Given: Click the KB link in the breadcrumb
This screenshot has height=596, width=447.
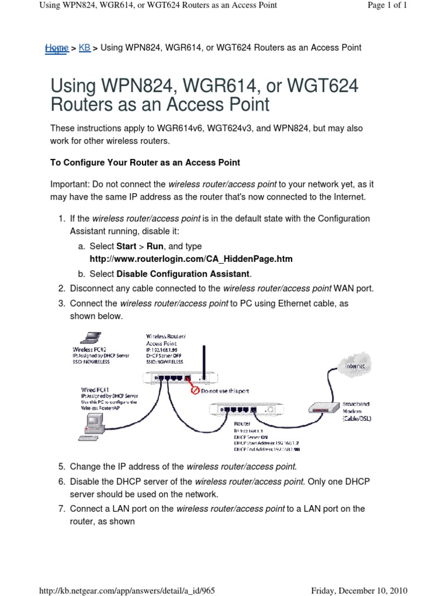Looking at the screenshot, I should click(x=84, y=48).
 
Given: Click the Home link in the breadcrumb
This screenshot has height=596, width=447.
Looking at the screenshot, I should click(x=56, y=48).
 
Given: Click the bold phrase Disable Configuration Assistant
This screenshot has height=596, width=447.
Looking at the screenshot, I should click(x=183, y=274).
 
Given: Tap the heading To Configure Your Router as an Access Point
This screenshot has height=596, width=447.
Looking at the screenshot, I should click(x=145, y=162).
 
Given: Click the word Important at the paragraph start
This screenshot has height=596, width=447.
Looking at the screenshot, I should click(x=67, y=184).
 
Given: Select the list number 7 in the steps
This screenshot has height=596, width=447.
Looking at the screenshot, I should click(x=61, y=509).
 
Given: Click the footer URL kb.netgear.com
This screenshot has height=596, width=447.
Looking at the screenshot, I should click(x=127, y=590).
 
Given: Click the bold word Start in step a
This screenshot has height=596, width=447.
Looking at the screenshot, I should click(x=126, y=246).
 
